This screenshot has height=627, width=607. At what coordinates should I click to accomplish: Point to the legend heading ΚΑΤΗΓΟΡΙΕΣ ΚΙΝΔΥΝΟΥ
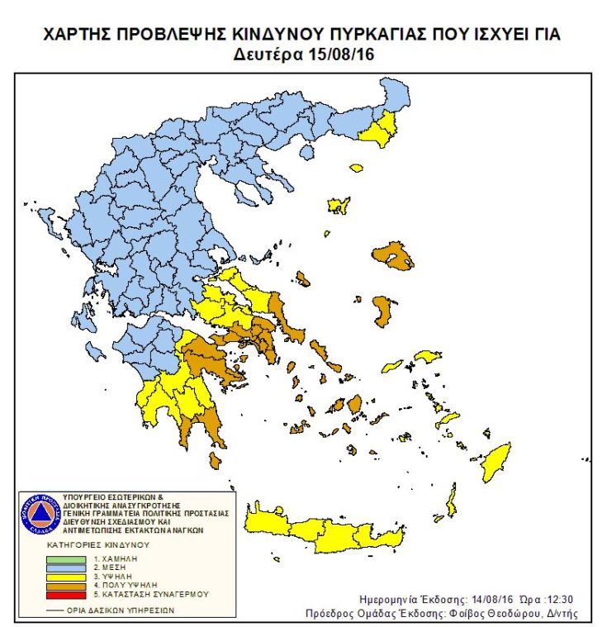click(96, 546)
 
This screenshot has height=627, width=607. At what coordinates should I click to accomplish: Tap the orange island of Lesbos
click(395, 254)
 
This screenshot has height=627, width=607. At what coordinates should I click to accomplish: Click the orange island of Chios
click(383, 311)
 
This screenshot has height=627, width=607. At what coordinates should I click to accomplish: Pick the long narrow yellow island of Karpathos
click(451, 499)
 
